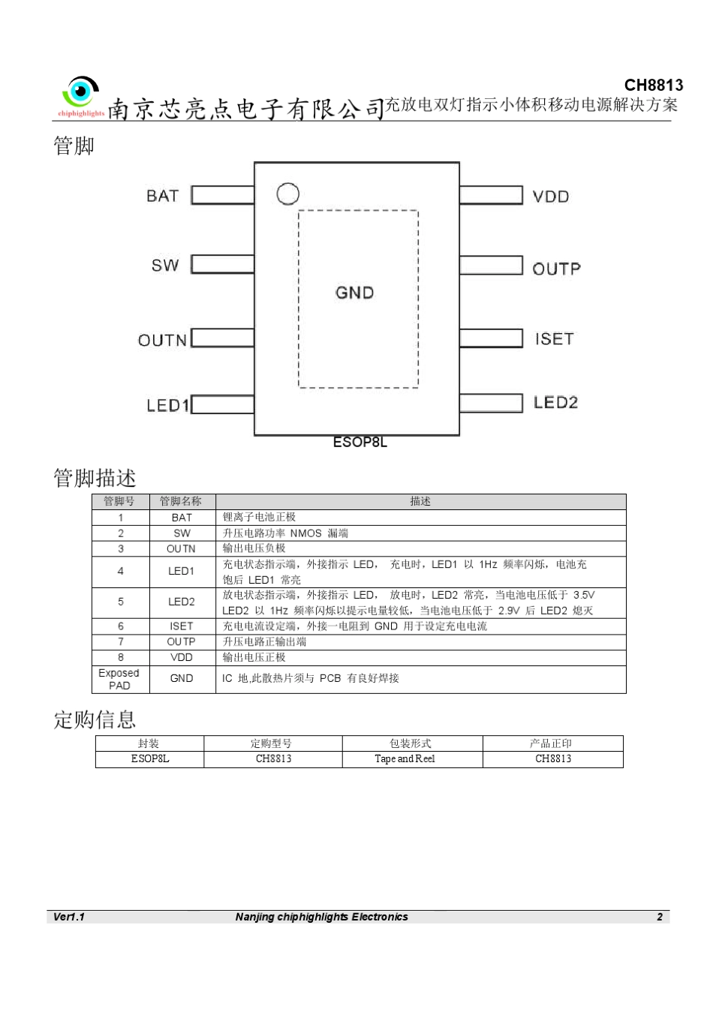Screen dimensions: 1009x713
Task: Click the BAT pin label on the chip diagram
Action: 162,196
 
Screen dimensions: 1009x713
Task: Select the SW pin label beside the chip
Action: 165,266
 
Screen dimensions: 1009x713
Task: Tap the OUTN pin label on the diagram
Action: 162,341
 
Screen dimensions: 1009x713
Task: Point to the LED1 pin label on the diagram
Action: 167,405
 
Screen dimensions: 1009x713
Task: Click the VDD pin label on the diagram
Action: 551,197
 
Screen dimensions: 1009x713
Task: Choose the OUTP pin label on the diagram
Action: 556,269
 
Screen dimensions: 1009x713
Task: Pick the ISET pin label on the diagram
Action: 554,339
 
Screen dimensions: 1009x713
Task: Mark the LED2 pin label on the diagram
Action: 555,403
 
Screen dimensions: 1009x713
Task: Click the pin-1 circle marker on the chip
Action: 288,194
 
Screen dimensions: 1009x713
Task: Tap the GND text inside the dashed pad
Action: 354,293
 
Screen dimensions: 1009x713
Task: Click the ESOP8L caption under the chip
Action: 360,443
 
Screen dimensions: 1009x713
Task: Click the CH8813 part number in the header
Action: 653,86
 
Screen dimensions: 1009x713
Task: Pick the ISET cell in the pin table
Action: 182,626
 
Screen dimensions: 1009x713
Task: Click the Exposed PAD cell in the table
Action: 119,679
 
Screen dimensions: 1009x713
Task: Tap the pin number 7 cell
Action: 120,642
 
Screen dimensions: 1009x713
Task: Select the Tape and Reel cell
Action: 405,759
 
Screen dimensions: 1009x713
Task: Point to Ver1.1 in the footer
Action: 69,917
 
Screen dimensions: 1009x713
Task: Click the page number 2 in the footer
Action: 660,917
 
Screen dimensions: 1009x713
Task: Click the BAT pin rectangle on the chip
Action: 223,195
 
